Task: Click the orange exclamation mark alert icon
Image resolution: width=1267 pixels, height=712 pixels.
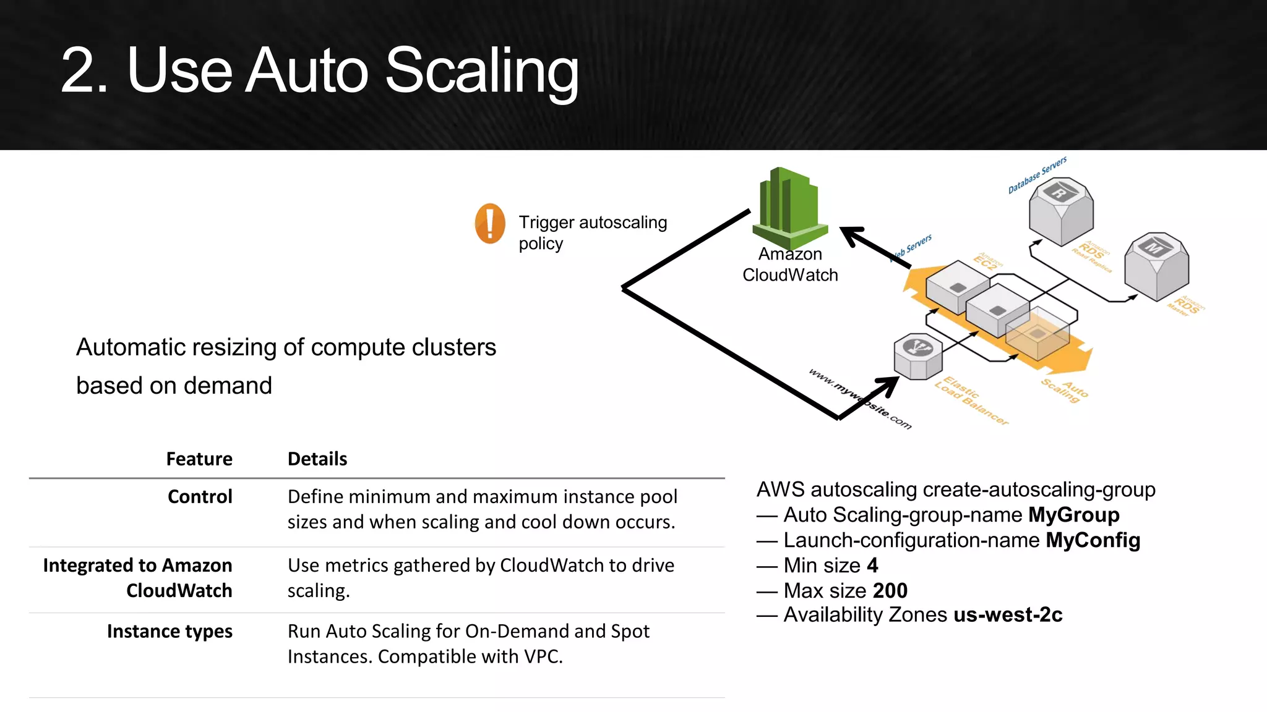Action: pyautogui.click(x=490, y=223)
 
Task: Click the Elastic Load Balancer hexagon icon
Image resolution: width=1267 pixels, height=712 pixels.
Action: pyautogui.click(x=918, y=356)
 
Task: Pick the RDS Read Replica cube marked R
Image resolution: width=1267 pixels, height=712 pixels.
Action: pyautogui.click(x=1061, y=211)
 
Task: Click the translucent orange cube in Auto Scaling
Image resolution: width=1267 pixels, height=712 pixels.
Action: pyautogui.click(x=1037, y=334)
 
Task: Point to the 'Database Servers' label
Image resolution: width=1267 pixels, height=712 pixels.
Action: pyautogui.click(x=1037, y=175)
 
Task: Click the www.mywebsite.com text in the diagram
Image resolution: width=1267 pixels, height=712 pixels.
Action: pyautogui.click(x=860, y=399)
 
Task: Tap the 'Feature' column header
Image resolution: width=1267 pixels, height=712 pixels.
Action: pyautogui.click(x=199, y=459)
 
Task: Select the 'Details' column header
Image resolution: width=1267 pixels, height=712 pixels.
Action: pyautogui.click(x=317, y=459)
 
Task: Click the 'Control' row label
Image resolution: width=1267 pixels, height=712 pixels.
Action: pyautogui.click(x=200, y=497)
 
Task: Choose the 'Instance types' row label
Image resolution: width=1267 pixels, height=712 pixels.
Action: pyautogui.click(x=170, y=632)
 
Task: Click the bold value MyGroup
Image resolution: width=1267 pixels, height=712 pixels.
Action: pyautogui.click(x=1073, y=515)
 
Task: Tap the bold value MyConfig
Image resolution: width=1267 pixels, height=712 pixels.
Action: pyautogui.click(x=1093, y=540)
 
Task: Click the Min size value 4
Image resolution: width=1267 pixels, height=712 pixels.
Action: pyautogui.click(x=872, y=566)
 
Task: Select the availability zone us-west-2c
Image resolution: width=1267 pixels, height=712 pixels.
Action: pyautogui.click(x=1008, y=615)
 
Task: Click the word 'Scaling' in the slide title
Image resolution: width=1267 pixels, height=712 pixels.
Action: pyautogui.click(x=482, y=71)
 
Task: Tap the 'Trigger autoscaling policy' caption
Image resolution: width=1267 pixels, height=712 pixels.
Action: pyautogui.click(x=592, y=232)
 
